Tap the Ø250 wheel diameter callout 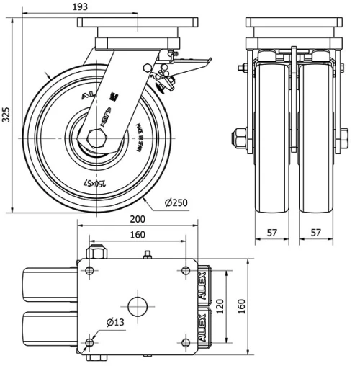pyautogui.click(x=175, y=202)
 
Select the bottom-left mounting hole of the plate pyautogui.click(x=89, y=342)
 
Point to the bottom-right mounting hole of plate pyautogui.click(x=185, y=342)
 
